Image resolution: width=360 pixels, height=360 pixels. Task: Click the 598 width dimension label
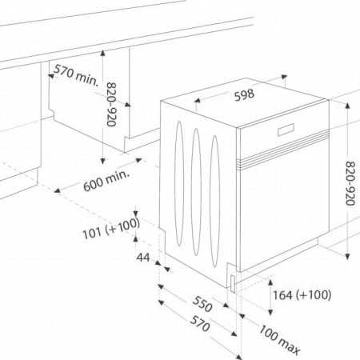pyautogui.click(x=244, y=94)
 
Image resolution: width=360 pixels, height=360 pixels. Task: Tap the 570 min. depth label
pyautogui.click(x=76, y=75)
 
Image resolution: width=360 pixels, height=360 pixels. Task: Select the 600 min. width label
pyautogui.click(x=106, y=180)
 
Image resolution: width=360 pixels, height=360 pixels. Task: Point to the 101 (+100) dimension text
pyautogui.click(x=111, y=228)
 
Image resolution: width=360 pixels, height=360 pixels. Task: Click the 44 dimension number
pyautogui.click(x=143, y=258)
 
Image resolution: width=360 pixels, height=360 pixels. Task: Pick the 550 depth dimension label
pyautogui.click(x=202, y=304)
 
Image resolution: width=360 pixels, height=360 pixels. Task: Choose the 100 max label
pyautogui.click(x=280, y=340)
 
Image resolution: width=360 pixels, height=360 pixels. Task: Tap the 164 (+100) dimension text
pyautogui.click(x=302, y=295)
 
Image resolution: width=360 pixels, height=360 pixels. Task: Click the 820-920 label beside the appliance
pyautogui.click(x=350, y=183)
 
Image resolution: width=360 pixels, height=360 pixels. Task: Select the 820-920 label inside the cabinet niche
pyautogui.click(x=111, y=104)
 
